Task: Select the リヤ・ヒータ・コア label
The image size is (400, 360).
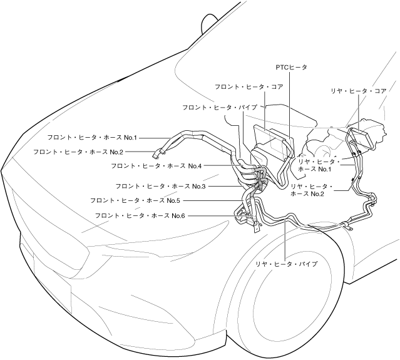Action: coord(359,91)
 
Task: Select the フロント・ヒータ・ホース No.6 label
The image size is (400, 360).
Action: coord(140,215)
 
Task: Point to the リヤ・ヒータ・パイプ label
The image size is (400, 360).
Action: coord(286,265)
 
